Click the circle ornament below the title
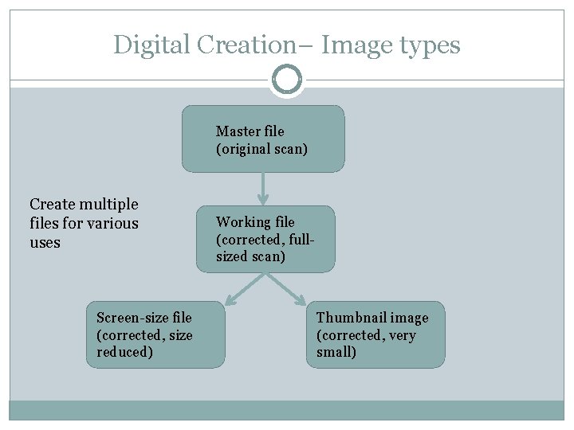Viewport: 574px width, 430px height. tap(287, 80)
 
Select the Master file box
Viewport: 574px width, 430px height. tap(263, 139)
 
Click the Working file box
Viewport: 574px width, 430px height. tap(265, 239)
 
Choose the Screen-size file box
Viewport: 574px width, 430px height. tap(155, 334)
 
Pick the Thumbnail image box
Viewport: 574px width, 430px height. tap(375, 334)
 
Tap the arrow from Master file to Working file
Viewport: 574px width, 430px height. tap(263, 189)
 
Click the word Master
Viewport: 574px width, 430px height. tap(238, 131)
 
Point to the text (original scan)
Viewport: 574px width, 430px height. tap(261, 149)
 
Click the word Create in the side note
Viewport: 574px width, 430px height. tap(53, 205)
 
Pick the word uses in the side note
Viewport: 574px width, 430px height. tap(45, 243)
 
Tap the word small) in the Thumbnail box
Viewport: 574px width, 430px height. tap(336, 353)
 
